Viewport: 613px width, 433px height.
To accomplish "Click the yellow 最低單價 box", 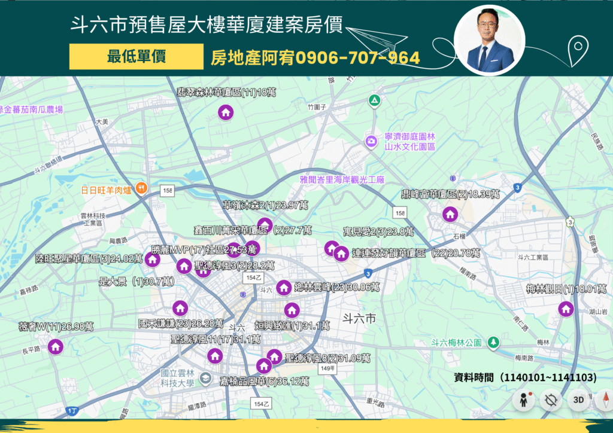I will (x=136, y=57).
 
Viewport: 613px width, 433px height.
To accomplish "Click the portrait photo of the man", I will (x=490, y=41).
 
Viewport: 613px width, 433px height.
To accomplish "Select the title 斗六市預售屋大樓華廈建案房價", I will (x=207, y=26).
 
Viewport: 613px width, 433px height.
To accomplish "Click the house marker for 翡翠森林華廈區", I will (x=226, y=112).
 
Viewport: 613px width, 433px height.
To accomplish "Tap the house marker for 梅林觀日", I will (x=565, y=309).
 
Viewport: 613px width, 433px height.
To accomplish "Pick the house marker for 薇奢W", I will (x=56, y=346).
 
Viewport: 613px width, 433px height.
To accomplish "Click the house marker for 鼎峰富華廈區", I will (x=450, y=214).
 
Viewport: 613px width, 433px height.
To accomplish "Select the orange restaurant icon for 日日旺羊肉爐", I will (x=141, y=187).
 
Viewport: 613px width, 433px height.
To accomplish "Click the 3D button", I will (x=578, y=400).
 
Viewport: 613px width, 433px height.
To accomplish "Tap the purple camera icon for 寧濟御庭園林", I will (x=371, y=141).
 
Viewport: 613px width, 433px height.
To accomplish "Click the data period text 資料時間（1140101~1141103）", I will (x=525, y=377).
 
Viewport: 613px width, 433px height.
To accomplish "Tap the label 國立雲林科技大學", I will (x=178, y=378).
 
